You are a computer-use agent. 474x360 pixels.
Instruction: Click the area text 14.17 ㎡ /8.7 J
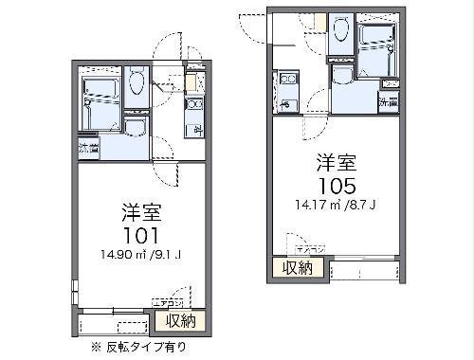point(335,202)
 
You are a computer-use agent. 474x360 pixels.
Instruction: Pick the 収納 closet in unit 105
point(298,268)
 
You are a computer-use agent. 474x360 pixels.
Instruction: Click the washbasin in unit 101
point(135,130)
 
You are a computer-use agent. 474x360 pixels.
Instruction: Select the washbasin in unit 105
point(342,76)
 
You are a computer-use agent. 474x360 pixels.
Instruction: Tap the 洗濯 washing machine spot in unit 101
point(88,148)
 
